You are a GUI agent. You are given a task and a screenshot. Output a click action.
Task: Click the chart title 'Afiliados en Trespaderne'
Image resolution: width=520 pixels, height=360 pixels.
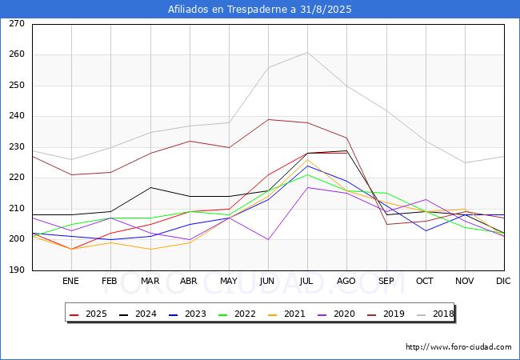(x=259, y=10)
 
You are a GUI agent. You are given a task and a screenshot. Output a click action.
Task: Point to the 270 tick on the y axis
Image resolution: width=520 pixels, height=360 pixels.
(x=17, y=24)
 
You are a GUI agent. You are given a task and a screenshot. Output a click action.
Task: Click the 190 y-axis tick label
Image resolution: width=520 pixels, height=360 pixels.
(x=17, y=270)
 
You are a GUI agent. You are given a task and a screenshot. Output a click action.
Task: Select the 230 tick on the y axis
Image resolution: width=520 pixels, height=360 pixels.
(x=17, y=147)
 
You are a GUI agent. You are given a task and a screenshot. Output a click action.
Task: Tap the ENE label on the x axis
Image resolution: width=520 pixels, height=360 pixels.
(x=70, y=281)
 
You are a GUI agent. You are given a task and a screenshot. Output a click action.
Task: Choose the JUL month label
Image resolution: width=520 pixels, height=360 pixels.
(x=307, y=281)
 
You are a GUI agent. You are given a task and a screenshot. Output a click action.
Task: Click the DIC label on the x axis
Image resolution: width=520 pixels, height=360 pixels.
(x=503, y=281)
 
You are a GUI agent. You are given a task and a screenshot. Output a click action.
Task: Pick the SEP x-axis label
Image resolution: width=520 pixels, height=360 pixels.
(x=386, y=281)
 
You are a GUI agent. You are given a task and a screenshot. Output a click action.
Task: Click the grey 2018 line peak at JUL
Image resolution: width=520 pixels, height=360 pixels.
(x=307, y=52)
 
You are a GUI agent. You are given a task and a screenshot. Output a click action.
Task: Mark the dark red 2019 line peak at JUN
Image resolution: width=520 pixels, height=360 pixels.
(x=268, y=119)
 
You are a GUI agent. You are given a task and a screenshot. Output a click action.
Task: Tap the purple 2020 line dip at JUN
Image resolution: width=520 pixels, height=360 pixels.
(x=268, y=239)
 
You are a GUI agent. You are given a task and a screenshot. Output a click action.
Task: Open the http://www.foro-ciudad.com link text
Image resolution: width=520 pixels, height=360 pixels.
(x=458, y=347)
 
